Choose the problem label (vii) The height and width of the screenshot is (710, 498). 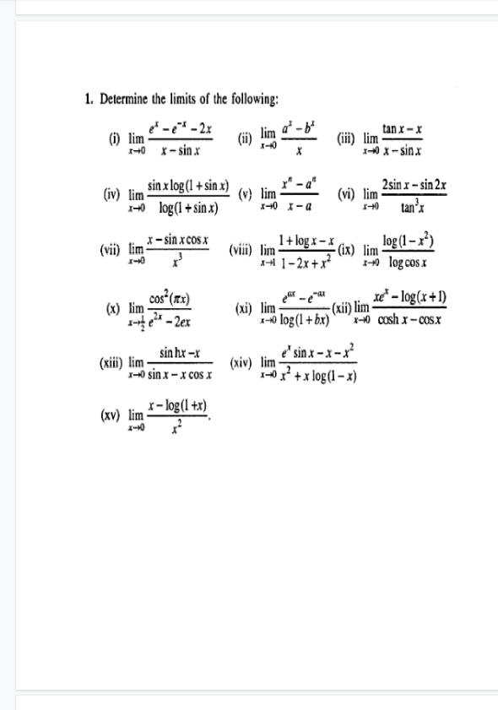111,251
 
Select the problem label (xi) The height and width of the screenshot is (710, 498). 246,308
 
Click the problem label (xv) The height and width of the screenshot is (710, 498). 112,416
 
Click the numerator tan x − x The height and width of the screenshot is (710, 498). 402,128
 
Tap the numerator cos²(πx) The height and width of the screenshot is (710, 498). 172,299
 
